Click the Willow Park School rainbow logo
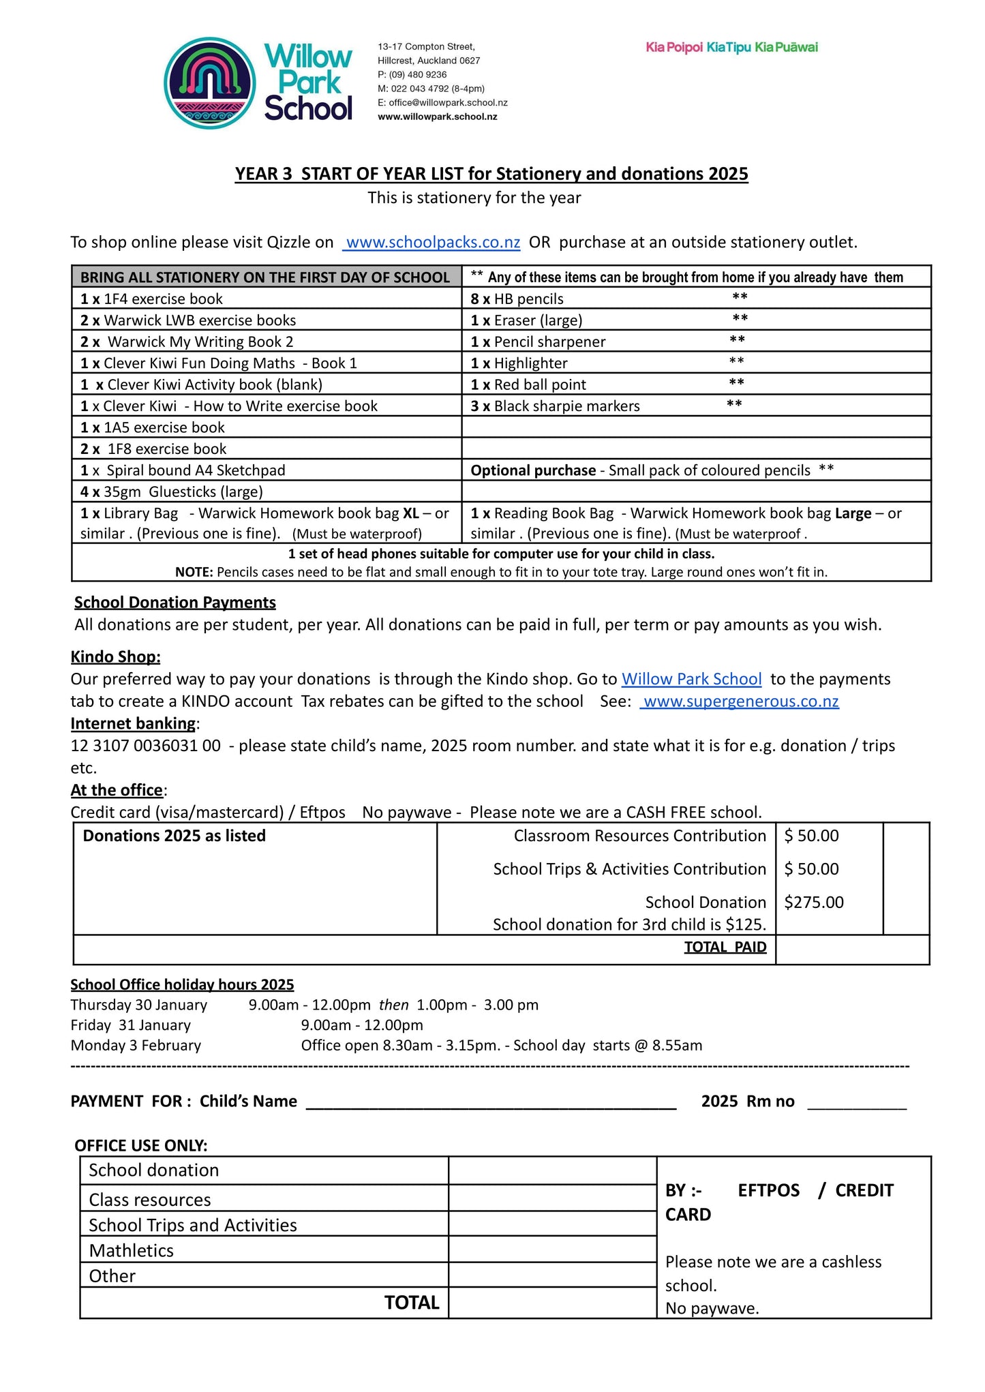(210, 83)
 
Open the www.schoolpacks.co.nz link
(432, 243)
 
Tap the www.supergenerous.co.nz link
(740, 701)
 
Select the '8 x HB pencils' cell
(517, 299)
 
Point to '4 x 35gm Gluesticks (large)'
(172, 491)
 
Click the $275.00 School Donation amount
(814, 903)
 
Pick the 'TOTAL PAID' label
(725, 948)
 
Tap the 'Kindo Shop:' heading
(116, 657)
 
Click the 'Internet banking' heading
(134, 723)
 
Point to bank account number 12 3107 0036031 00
(146, 746)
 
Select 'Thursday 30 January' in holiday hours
(139, 1005)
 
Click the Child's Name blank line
(491, 1102)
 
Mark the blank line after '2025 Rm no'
(857, 1102)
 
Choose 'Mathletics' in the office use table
(132, 1251)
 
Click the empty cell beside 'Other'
(552, 1275)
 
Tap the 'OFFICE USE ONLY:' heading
(141, 1146)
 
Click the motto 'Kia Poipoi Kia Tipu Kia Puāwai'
(731, 48)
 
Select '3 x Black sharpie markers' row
(556, 406)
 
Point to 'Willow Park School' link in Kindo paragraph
(691, 680)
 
